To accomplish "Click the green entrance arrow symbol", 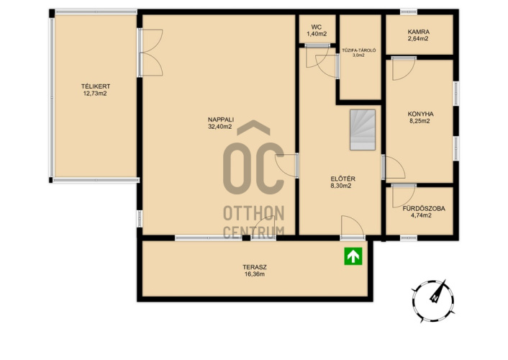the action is (353, 256).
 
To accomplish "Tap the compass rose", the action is (433, 301).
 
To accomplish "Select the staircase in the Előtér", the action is (363, 130).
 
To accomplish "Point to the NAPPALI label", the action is (221, 120).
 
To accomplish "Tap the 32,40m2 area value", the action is (220, 127).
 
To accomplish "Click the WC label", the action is (317, 27).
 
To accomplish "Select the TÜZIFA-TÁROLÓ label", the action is (359, 50).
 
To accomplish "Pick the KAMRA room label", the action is (419, 32).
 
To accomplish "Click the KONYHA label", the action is (420, 114).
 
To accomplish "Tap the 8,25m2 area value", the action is (420, 121).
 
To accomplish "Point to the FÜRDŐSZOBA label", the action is (424, 208).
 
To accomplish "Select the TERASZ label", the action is (255, 267).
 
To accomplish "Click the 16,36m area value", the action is (255, 274).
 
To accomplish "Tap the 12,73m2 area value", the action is (95, 94).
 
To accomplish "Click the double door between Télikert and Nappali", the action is (150, 53).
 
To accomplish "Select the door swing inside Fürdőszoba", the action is (404, 196).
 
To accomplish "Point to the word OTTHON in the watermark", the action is (254, 213).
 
